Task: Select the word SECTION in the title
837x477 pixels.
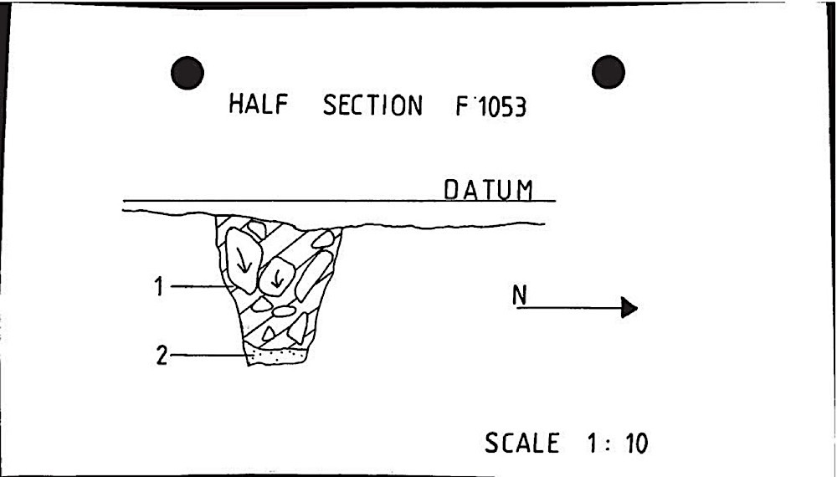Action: point(372,107)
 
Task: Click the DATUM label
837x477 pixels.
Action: point(488,190)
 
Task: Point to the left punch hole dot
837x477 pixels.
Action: point(187,74)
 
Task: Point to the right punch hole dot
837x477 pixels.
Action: point(608,73)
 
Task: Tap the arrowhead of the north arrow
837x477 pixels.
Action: point(629,308)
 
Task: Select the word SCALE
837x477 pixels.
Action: point(521,443)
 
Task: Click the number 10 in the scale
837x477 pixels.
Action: point(637,444)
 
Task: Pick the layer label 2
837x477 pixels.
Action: point(162,356)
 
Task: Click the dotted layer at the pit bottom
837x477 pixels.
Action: point(275,356)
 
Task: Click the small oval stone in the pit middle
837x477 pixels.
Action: point(285,311)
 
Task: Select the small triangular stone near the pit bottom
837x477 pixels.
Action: point(268,333)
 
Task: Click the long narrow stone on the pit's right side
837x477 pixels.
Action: point(312,275)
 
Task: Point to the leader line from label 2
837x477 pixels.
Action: point(209,356)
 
